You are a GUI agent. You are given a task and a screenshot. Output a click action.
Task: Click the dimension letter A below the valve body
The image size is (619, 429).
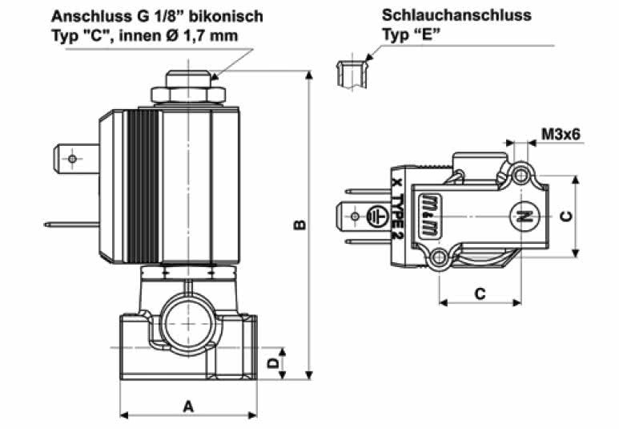pyautogui.click(x=188, y=406)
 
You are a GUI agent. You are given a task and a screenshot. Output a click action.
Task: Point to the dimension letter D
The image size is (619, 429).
pyautogui.click(x=272, y=363)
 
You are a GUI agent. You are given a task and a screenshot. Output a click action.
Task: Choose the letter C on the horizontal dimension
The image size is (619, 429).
pyautogui.click(x=480, y=293)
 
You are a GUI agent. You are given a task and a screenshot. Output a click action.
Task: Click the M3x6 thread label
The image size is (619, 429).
pyautogui.click(x=560, y=134)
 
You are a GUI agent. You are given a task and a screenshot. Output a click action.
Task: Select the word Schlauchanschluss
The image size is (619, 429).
pyautogui.click(x=456, y=15)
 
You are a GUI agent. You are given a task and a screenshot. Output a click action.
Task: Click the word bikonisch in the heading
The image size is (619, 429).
pyautogui.click(x=227, y=15)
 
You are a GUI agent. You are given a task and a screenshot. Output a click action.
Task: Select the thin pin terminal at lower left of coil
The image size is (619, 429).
pyautogui.click(x=72, y=224)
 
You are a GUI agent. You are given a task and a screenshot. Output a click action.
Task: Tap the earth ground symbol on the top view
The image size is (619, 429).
pyautogui.click(x=372, y=217)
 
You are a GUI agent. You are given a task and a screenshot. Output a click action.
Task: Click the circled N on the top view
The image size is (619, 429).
pyautogui.click(x=522, y=216)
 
